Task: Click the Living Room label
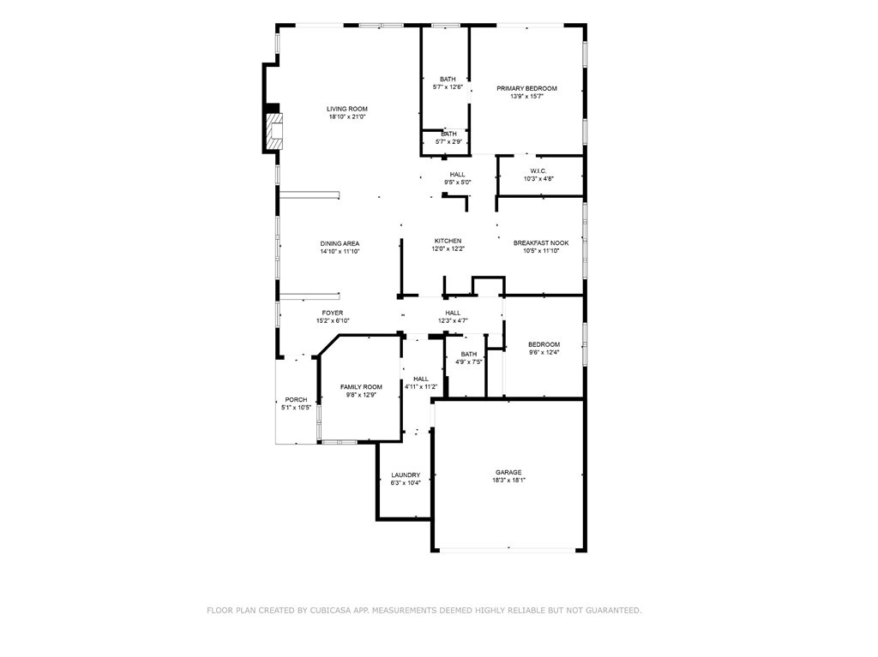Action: point(346,109)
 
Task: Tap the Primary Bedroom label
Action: point(526,88)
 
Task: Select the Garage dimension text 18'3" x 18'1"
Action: point(508,481)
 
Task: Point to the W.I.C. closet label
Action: point(538,170)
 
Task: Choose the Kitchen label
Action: point(448,241)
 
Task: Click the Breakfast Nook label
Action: point(540,243)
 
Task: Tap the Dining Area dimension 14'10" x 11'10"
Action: point(340,252)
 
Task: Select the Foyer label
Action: point(332,313)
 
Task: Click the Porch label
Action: point(296,399)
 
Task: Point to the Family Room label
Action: point(361,387)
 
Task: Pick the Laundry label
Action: point(406,475)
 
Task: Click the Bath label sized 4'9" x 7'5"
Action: point(468,354)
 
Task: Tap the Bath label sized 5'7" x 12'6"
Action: point(448,79)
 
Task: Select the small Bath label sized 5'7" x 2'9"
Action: point(448,134)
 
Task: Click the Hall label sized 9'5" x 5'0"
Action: point(457,174)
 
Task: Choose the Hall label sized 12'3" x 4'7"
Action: point(453,313)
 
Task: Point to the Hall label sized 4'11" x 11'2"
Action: point(421,379)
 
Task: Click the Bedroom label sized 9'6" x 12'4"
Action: point(544,344)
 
